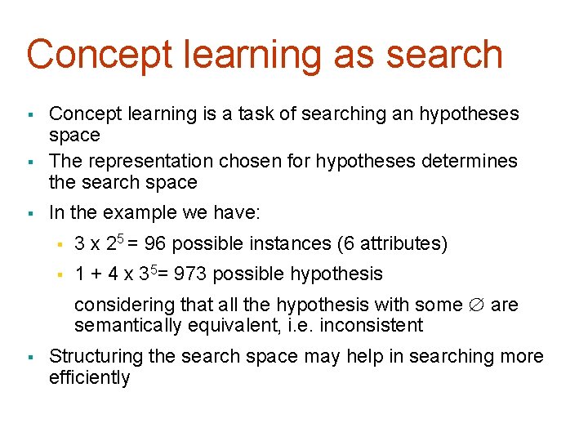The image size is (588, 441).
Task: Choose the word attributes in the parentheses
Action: [401, 243]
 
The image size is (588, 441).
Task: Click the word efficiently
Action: [90, 377]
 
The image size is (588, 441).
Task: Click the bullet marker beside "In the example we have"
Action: [29, 214]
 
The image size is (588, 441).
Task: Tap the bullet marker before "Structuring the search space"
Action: [29, 358]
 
